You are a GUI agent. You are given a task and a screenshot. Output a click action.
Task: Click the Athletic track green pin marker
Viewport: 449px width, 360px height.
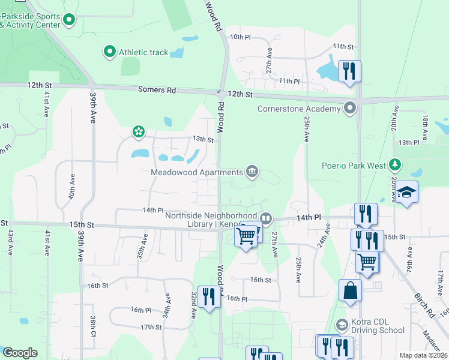(x=110, y=52)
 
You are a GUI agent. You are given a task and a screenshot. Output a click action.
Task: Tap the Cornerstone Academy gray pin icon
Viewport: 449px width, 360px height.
(x=350, y=109)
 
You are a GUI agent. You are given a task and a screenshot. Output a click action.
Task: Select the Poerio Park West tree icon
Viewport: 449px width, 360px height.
(x=394, y=164)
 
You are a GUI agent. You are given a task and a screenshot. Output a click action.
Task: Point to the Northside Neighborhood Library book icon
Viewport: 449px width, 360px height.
(x=266, y=217)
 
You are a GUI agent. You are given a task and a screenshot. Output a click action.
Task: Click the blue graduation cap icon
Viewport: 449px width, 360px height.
(x=406, y=193)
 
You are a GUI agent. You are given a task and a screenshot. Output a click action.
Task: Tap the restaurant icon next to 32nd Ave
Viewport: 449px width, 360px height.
(x=209, y=296)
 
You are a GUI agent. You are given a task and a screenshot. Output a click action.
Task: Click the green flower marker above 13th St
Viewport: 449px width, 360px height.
(x=139, y=131)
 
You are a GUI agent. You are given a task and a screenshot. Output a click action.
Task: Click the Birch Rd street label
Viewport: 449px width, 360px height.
(x=424, y=305)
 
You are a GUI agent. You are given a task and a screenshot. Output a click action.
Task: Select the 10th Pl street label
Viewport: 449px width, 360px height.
(x=240, y=37)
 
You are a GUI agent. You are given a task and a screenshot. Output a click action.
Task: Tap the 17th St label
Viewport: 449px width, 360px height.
(x=151, y=327)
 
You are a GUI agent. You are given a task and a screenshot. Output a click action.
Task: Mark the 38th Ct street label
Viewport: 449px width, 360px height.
(x=94, y=326)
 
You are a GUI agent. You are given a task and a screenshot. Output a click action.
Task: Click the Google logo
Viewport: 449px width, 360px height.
(x=20, y=353)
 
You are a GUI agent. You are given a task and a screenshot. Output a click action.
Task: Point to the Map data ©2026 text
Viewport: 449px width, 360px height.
(x=423, y=355)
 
